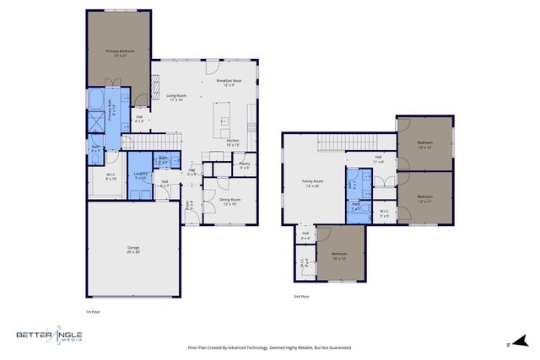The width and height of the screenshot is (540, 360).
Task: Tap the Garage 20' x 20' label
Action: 133,249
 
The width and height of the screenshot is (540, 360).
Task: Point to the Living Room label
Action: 175,98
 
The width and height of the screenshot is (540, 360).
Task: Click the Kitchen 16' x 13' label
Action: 233,142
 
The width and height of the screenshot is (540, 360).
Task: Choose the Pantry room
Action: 245,165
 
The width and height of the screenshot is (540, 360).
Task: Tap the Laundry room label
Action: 140,175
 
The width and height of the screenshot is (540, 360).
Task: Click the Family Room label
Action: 313,183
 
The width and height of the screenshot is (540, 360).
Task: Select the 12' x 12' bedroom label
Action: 424,145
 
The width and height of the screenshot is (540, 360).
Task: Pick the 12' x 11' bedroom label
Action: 424,199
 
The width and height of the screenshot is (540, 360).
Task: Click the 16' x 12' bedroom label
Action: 339,255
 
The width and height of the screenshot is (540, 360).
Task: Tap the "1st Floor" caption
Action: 93,312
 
